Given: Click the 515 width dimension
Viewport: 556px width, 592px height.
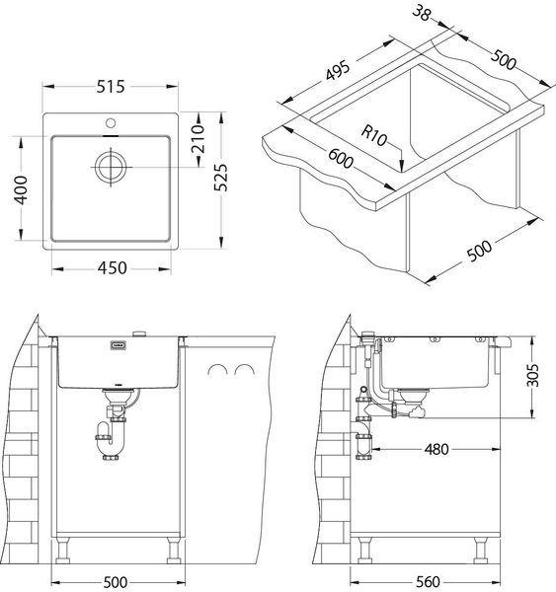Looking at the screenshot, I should pyautogui.click(x=111, y=87).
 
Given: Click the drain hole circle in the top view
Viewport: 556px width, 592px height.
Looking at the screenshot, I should pyautogui.click(x=111, y=165).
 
